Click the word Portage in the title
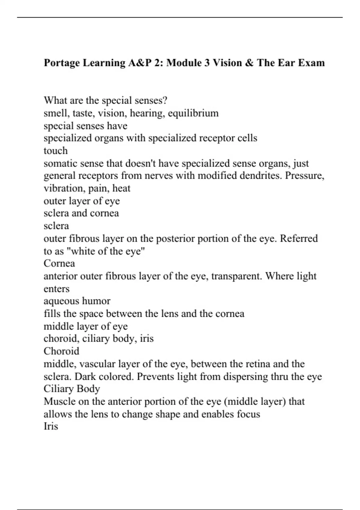[62, 63]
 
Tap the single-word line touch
[55, 151]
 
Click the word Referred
[298, 238]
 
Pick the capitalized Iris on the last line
[51, 426]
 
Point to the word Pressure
[304, 175]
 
